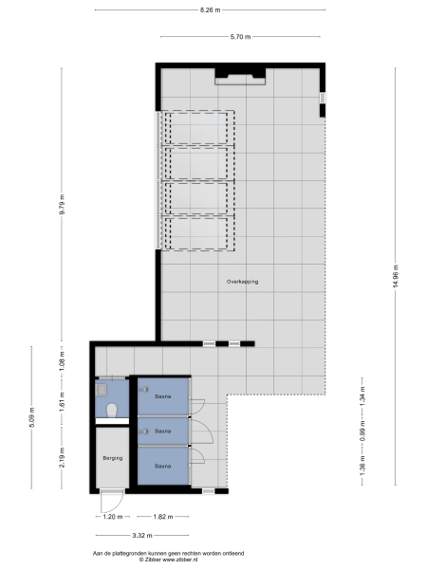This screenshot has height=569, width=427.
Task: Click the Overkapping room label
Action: click(x=243, y=282)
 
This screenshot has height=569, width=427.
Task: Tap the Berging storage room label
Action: click(x=113, y=458)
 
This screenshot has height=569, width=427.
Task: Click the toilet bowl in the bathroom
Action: click(x=112, y=411)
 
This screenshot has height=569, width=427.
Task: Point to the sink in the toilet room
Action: click(x=102, y=388)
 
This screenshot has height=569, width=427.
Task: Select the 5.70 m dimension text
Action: click(x=241, y=37)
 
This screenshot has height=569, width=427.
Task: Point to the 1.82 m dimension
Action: click(x=162, y=517)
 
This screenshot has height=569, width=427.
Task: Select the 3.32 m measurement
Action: click(x=142, y=535)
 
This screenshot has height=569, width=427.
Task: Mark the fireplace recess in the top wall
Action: click(x=240, y=76)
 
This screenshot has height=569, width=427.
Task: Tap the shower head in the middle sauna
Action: click(x=143, y=431)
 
